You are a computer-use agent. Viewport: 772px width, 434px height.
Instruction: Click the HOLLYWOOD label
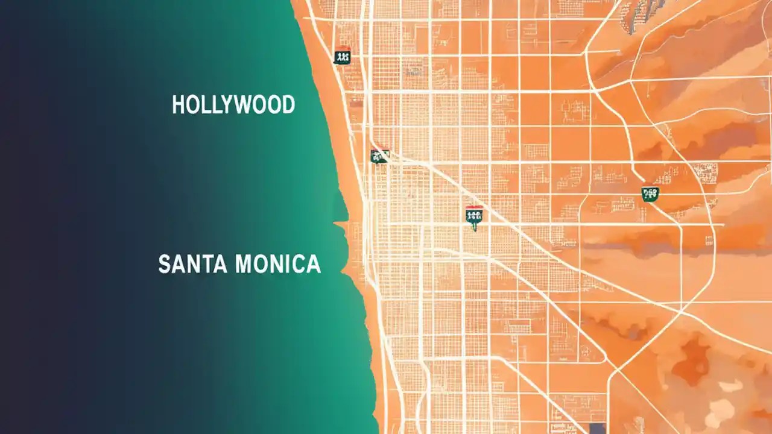click(233, 105)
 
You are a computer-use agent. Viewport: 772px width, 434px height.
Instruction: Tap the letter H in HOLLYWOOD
click(178, 105)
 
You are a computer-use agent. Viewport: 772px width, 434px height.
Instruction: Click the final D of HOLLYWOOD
click(288, 105)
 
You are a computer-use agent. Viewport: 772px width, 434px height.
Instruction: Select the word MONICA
click(278, 264)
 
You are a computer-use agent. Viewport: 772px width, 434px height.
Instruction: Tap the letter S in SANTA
click(164, 264)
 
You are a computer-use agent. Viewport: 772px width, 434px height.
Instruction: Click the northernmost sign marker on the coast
click(342, 56)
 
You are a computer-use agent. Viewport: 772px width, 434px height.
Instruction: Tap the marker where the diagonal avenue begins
click(379, 156)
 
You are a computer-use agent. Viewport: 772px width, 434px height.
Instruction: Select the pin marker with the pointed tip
click(474, 216)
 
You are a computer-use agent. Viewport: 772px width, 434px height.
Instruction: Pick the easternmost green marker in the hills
click(650, 193)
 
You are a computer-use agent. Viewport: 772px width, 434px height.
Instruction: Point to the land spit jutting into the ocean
click(341, 225)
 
